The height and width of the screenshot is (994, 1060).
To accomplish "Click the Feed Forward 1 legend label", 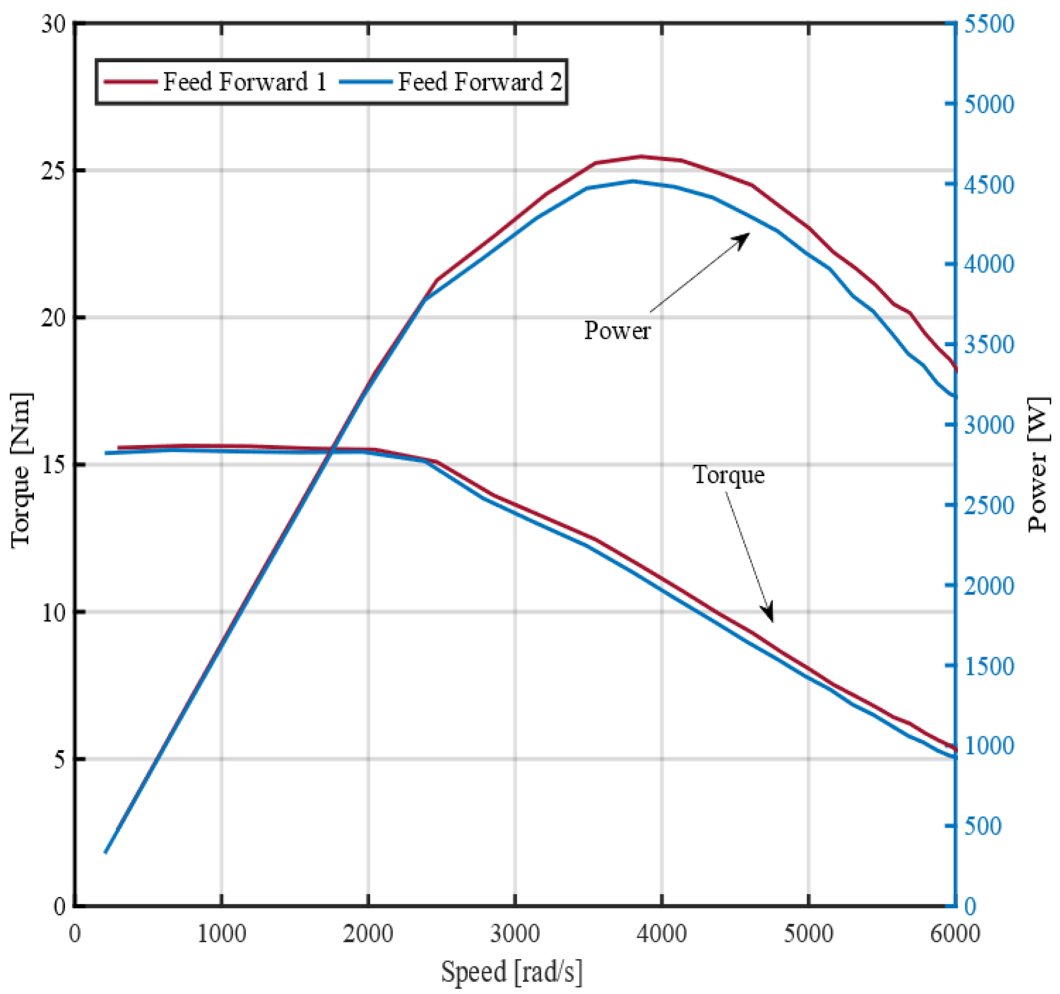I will (x=245, y=81).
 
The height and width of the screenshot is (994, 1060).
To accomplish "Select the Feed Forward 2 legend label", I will (x=480, y=81).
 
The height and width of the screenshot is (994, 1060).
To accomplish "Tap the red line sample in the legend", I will (x=131, y=81).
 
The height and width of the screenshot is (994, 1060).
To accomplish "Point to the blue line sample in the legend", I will (x=367, y=81).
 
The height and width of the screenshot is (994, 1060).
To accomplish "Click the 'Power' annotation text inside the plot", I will (x=617, y=331).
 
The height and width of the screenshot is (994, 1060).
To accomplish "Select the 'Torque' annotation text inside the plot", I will (x=728, y=474).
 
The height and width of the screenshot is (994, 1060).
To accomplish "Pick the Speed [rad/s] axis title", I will (x=511, y=971).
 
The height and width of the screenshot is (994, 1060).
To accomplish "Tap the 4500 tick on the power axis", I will (x=989, y=185).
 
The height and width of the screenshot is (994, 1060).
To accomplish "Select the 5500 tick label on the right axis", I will (x=989, y=24).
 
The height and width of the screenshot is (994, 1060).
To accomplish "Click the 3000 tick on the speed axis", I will (x=515, y=934).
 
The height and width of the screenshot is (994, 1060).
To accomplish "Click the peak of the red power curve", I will (x=641, y=156).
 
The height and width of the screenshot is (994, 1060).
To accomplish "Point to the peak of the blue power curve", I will (x=633, y=181).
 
